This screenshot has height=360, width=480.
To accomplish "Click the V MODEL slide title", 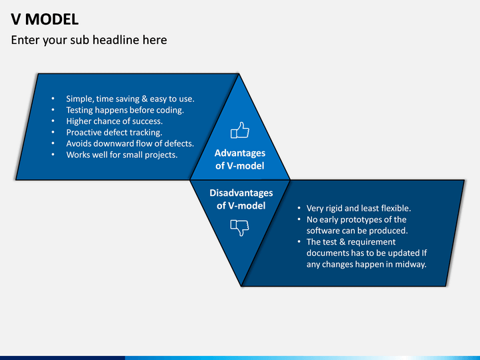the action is (x=45, y=19).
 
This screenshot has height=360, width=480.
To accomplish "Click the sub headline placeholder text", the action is (x=89, y=40).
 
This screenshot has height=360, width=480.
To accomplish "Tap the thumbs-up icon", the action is (x=240, y=130).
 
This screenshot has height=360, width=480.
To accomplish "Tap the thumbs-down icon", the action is (x=240, y=227).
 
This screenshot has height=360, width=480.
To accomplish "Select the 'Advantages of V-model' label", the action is (x=240, y=159).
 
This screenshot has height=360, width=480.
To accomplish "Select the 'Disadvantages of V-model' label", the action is (x=241, y=199).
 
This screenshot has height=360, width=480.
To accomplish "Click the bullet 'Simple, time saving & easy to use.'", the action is (x=131, y=99).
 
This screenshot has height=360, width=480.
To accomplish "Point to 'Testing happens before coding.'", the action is (x=125, y=110).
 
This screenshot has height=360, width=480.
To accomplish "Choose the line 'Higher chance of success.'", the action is (x=115, y=121).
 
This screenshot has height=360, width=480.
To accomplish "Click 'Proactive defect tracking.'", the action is (x=114, y=132).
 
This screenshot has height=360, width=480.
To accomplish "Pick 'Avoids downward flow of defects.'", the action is (x=130, y=143).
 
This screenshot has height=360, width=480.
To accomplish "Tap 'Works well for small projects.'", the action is (x=122, y=155).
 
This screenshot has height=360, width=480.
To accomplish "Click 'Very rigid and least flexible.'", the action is (x=359, y=209).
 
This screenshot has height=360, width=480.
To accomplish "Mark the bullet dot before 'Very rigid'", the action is (x=299, y=209).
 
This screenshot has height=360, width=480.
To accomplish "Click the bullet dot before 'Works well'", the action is (x=53, y=155).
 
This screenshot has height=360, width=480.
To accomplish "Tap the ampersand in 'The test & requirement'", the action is (x=342, y=242).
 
